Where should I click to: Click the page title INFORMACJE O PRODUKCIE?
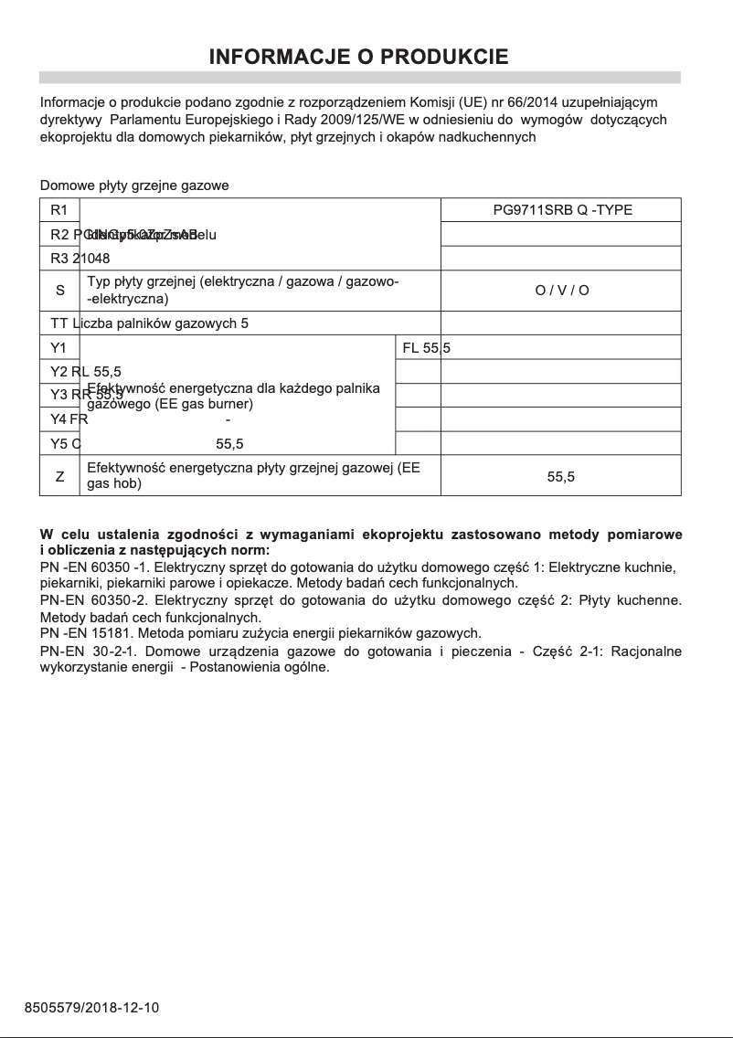coord(359,58)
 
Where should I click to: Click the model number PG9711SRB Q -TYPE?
coord(562,210)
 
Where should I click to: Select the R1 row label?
coord(59,210)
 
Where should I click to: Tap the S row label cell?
coord(59,291)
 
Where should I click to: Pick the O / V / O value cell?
coord(562,291)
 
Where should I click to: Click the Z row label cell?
coord(59,476)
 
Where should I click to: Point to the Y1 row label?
coord(59,347)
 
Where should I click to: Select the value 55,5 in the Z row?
coord(561,476)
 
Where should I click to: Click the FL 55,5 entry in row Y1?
coord(427,347)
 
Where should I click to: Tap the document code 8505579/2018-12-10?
coord(92,1008)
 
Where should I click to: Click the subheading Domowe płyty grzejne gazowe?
coord(134,185)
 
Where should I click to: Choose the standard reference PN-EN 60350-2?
coord(93,600)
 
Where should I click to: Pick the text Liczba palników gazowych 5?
coord(160,323)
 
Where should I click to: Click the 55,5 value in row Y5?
coord(229,444)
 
